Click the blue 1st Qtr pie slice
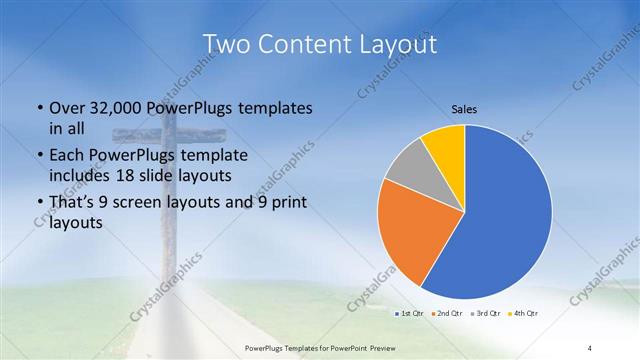[x=500, y=220]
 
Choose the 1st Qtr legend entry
[x=410, y=314]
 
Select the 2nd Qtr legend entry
[x=447, y=314]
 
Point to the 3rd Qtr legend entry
[x=485, y=314]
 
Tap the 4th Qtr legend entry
[x=523, y=314]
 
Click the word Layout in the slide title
[x=394, y=44]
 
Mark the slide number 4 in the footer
[x=591, y=348]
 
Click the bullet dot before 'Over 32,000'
[x=38, y=108]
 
